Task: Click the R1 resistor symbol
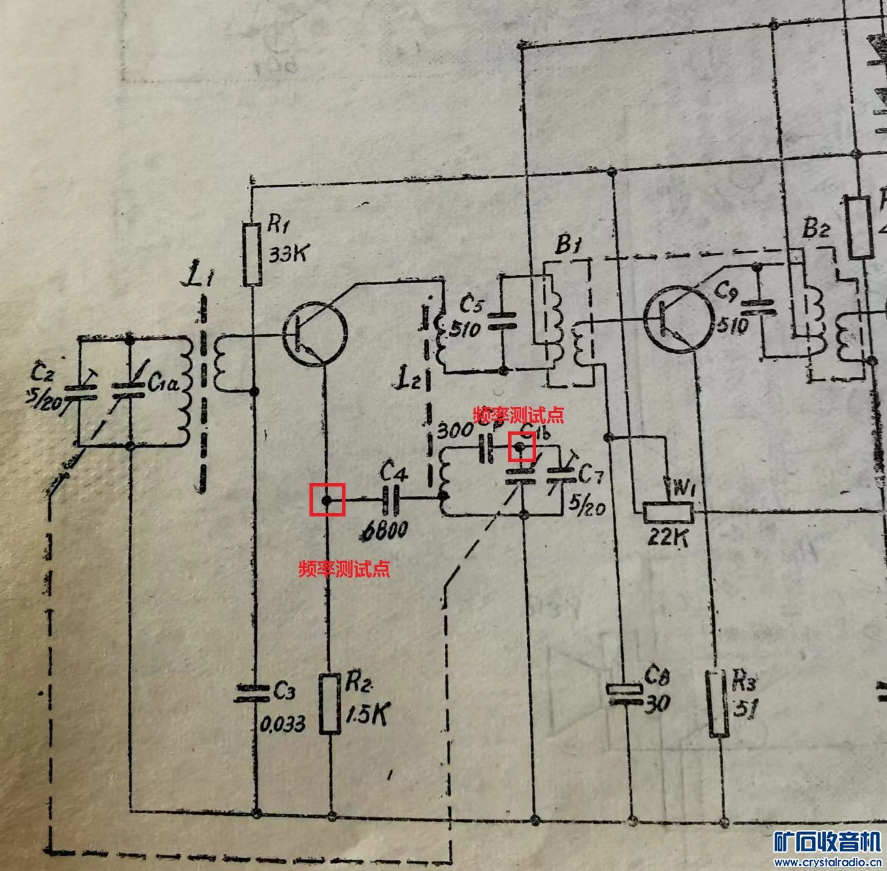252,254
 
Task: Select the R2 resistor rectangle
331,703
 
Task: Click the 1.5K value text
367,714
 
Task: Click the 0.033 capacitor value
284,723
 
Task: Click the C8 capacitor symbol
624,692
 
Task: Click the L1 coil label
203,278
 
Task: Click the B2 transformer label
816,229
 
